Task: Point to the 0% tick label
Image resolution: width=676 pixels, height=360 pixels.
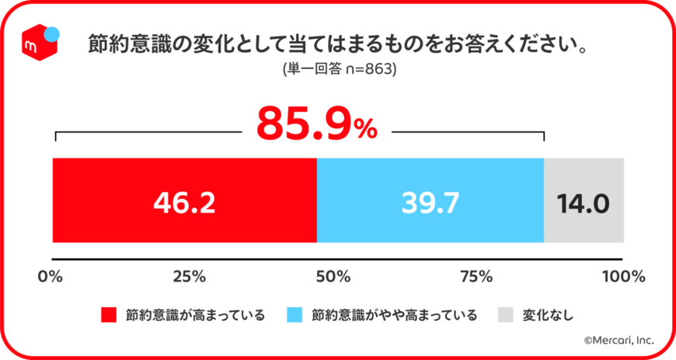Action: coord(52,276)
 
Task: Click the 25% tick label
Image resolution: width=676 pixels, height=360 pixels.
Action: coord(189,276)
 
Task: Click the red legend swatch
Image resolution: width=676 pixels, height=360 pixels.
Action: coord(109,315)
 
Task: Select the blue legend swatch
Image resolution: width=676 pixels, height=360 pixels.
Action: coord(294,315)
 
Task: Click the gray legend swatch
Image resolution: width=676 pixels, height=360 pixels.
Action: coord(506,315)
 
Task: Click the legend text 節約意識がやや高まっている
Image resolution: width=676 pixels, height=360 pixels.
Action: coord(394,315)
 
